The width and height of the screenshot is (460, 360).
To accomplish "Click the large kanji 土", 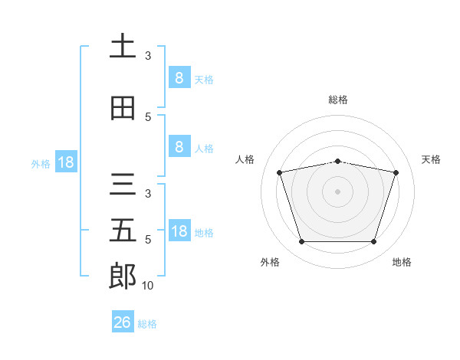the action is (123, 45).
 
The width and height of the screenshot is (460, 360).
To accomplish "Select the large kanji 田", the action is (123, 108).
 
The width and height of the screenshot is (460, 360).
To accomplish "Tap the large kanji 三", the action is (123, 185).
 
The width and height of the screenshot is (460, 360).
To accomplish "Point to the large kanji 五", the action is (123, 230).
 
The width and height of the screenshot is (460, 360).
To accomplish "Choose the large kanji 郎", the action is (123, 276).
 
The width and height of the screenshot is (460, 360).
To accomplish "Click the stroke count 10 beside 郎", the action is (147, 286).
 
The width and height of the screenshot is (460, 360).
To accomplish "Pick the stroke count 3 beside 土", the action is (148, 56).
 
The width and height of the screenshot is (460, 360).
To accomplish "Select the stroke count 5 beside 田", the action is (148, 117).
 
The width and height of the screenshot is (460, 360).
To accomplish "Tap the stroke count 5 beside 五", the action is (148, 240).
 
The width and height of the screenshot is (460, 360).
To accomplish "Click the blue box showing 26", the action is (123, 321).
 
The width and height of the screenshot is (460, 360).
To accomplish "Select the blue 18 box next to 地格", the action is (179, 230).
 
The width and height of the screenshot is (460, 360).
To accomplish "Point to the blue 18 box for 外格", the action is (66, 162).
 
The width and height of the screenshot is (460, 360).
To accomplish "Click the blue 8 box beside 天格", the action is (179, 77).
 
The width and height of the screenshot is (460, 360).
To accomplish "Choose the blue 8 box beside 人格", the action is (179, 146).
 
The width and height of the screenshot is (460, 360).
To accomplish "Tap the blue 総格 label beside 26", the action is (147, 324).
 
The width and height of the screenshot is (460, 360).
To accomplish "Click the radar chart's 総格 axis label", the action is (338, 100).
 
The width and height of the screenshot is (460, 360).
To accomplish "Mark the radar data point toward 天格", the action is (396, 172).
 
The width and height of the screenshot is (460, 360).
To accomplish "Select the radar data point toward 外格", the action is (302, 241).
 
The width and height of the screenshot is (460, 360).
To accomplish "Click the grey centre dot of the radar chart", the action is (337, 191).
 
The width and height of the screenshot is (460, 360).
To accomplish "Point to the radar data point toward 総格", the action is (337, 162).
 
